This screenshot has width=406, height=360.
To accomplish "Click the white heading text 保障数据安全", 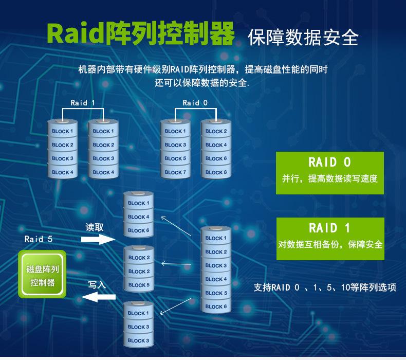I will pyautogui.click(x=303, y=37).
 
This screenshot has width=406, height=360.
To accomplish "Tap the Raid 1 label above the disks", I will pyautogui.click(x=83, y=102).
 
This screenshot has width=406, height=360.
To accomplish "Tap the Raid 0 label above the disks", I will pyautogui.click(x=195, y=102).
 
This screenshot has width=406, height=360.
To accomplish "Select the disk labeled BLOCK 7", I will pyautogui.click(x=175, y=172).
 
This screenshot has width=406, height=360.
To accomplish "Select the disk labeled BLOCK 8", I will pyautogui.click(x=216, y=172).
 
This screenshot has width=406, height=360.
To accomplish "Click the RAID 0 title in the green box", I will pyautogui.click(x=329, y=163).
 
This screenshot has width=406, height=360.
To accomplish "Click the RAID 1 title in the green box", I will pyautogui.click(x=329, y=228).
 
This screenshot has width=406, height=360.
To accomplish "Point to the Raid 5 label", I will pyautogui.click(x=39, y=239).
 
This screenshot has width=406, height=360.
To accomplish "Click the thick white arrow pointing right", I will pyautogui.click(x=98, y=239).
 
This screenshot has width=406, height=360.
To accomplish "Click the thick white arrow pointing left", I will pyautogui.click(x=98, y=297).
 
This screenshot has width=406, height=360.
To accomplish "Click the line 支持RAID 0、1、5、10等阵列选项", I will pyautogui.click(x=325, y=287).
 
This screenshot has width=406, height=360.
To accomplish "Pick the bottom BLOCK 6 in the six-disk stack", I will pyautogui.click(x=216, y=307).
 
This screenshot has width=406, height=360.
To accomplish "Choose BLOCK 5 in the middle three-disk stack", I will pyautogui.click(x=139, y=285).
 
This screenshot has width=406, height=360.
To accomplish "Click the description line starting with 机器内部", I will pyautogui.click(x=202, y=69).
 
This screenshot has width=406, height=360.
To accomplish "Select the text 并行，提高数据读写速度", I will pyautogui.click(x=329, y=179).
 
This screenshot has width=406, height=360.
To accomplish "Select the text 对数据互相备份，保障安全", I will pyautogui.click(x=329, y=244).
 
